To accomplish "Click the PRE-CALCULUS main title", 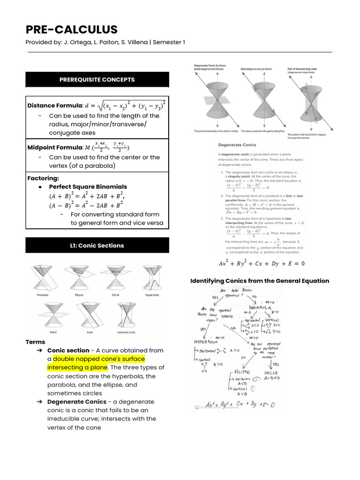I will point(72,30).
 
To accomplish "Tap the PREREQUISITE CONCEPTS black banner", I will point(97,80).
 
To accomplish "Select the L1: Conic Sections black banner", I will point(97,246).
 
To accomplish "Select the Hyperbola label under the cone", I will point(152,295).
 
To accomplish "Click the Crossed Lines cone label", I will point(127,332).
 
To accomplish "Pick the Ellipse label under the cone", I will point(79,295).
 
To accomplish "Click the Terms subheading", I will point(36,342).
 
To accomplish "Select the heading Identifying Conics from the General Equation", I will point(260,281).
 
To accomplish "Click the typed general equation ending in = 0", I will point(261,263).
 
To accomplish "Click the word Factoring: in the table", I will point(43,178).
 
